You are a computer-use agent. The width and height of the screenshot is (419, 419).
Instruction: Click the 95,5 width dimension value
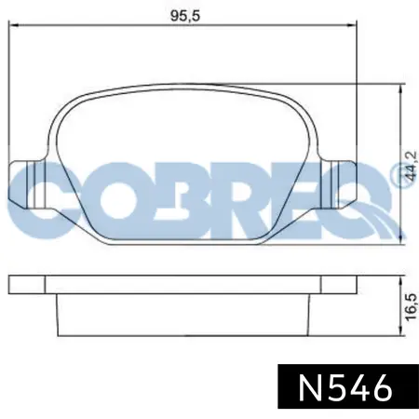pos(185,16)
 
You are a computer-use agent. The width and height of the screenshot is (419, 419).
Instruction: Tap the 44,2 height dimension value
pos(412,166)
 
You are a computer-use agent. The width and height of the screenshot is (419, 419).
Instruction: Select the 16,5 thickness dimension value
pos(411,306)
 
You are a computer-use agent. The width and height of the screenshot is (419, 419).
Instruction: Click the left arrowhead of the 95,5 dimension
pos(13,25)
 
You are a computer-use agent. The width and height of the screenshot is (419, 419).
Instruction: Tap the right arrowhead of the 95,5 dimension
pos(353,25)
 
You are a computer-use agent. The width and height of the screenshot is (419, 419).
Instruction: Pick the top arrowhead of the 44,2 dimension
pos(401,88)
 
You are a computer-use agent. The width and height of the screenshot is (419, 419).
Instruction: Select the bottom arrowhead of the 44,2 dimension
pos(401,240)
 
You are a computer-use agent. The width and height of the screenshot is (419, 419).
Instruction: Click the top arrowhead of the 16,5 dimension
pos(401,279)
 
